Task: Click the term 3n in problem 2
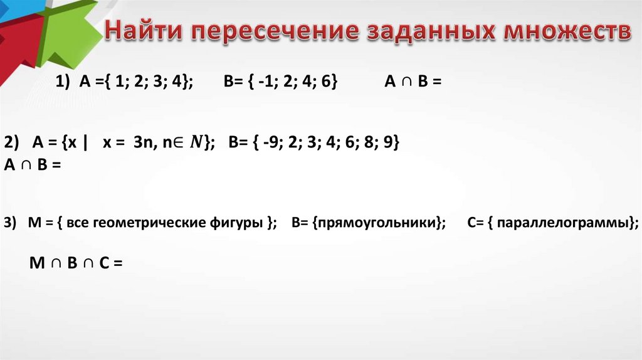tap(143, 144)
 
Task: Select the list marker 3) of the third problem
tap(10, 223)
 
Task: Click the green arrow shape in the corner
tap(69, 28)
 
